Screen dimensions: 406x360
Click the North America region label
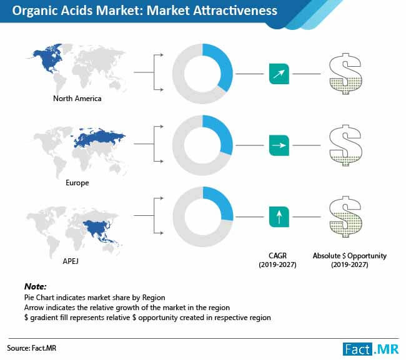point(77,99)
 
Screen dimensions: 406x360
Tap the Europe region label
point(77,183)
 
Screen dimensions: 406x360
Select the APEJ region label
point(71,261)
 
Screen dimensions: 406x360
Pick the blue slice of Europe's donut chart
point(223,134)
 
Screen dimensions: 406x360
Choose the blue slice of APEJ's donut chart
point(224,203)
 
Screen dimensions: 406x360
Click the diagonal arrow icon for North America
point(279,74)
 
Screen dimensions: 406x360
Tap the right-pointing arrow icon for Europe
point(279,145)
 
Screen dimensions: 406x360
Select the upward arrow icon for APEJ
point(279,216)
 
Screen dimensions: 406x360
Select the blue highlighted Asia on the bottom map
point(100,228)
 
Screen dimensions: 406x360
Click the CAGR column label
point(277,260)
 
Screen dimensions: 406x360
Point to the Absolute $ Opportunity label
point(350,260)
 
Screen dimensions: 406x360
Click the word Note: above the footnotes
point(35,286)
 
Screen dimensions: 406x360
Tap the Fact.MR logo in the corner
point(371,349)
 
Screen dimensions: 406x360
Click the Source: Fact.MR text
point(32,348)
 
